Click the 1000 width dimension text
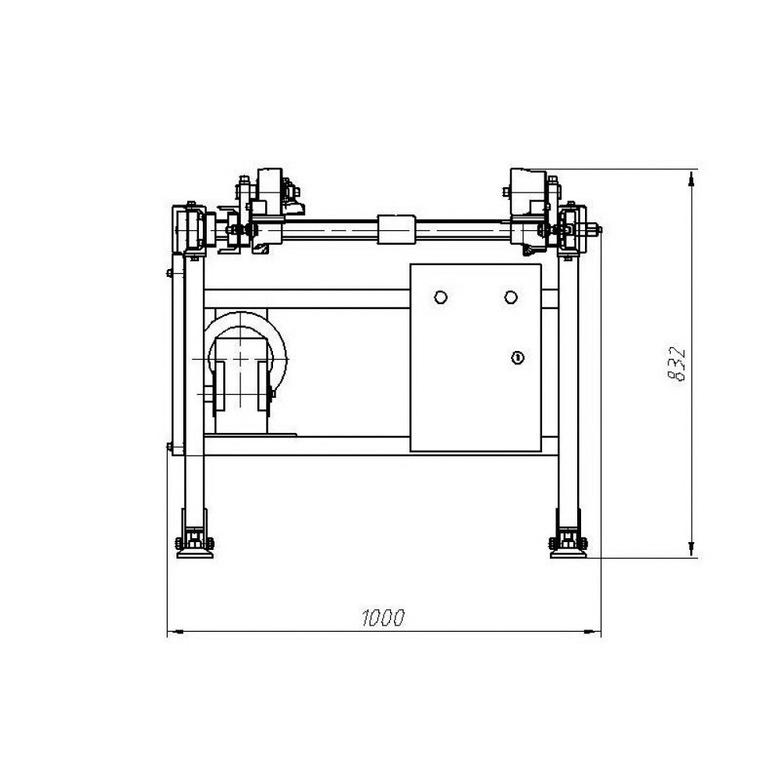383,618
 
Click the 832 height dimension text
676,364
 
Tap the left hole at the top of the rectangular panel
441,297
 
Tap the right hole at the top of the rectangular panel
511,297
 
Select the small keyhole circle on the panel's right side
518,358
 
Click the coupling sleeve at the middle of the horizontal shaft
396,229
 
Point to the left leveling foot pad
195,554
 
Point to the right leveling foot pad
568,554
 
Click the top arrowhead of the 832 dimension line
690,178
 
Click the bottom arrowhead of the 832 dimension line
690,548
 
